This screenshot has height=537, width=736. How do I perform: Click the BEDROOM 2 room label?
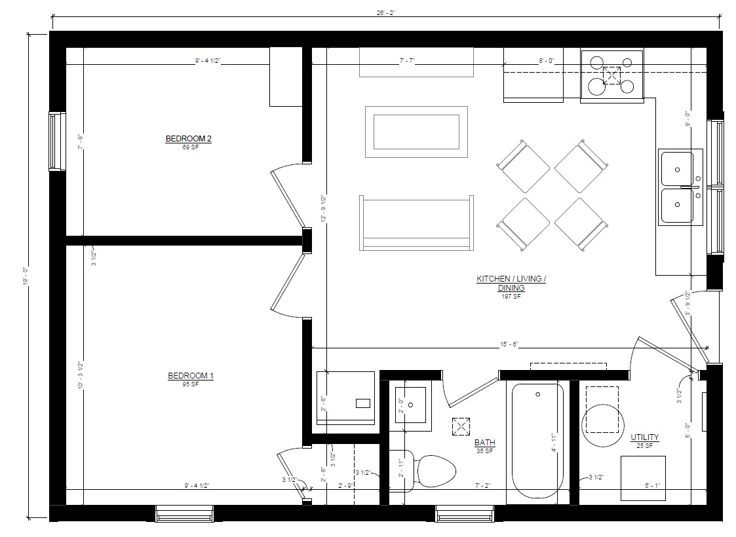pyautogui.click(x=188, y=138)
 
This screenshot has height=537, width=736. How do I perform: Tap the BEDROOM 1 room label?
pyautogui.click(x=191, y=375)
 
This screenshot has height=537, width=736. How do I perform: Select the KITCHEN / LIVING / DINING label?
pyautogui.click(x=511, y=283)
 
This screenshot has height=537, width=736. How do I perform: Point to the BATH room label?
pyautogui.click(x=484, y=443)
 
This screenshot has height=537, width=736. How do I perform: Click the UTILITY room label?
pyautogui.click(x=644, y=437)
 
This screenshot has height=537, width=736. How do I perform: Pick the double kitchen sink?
pyautogui.click(x=678, y=187)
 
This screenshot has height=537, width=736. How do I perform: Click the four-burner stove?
pyautogui.click(x=611, y=76)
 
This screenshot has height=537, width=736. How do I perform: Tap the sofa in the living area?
pyautogui.click(x=416, y=223)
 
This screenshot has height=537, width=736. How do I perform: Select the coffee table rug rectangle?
pyautogui.click(x=416, y=132)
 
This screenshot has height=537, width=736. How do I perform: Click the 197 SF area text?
pyautogui.click(x=512, y=297)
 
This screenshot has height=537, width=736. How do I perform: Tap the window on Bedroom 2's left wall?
pyautogui.click(x=57, y=141)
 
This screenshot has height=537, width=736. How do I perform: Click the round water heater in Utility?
pyautogui.click(x=602, y=424)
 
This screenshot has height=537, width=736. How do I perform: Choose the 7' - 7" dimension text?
pyautogui.click(x=407, y=60)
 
